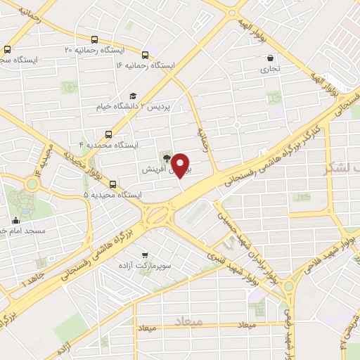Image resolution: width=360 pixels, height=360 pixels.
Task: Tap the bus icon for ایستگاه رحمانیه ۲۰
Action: point(94,40)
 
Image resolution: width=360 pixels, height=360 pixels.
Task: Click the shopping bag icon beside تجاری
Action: point(271,58)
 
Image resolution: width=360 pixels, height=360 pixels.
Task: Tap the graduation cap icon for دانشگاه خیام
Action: point(132,96)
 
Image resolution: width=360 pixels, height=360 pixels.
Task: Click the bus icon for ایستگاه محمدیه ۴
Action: point(108,134)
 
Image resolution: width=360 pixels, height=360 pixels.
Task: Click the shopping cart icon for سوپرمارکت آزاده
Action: point(145,255)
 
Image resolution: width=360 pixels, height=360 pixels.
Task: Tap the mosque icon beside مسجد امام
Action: point(16,220)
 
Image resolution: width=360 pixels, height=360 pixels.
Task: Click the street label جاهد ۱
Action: point(32,281)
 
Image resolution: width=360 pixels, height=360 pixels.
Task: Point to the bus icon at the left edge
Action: point(7,49)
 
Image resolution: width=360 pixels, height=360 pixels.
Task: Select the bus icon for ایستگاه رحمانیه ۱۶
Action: point(145,54)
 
